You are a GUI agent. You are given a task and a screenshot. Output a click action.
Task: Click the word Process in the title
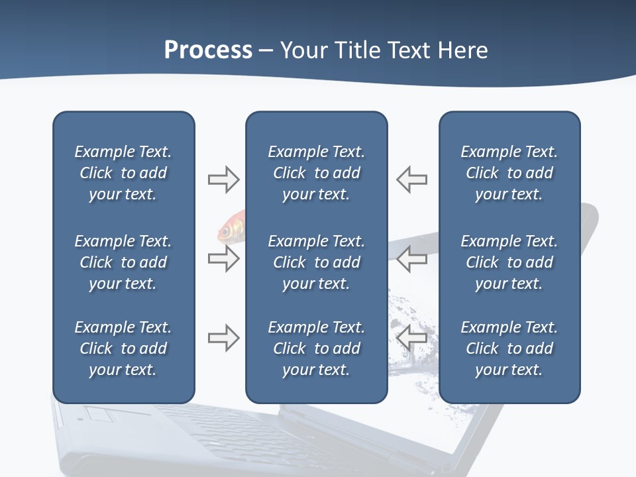tap(208, 50)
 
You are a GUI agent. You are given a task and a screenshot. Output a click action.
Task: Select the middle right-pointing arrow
tap(223, 258)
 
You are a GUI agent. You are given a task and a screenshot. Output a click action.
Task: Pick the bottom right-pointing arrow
tap(223, 338)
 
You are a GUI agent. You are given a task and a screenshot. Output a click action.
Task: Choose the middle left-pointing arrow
tap(411, 258)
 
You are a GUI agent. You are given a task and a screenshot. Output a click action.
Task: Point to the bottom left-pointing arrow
tap(411, 338)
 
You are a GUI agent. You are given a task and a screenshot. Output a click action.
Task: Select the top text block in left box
tap(123, 173)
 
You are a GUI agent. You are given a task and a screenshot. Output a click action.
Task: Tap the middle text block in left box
tap(123, 262)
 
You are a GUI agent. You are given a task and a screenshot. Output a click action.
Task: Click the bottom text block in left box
tap(123, 348)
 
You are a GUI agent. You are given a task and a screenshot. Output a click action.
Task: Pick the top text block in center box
tap(316, 173)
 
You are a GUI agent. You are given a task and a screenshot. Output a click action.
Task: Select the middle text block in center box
tap(316, 262)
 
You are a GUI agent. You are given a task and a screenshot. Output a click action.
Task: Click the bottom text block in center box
tap(316, 348)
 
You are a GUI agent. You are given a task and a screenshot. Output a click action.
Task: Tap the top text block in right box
tap(509, 173)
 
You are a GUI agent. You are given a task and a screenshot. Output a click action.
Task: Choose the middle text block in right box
tap(509, 262)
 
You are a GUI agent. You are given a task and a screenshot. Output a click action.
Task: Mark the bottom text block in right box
tap(509, 348)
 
